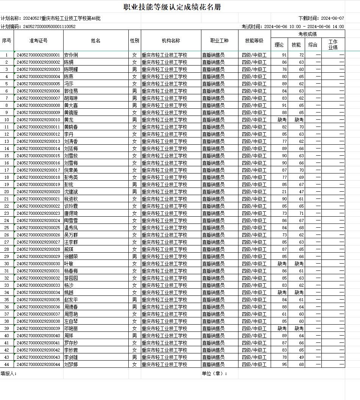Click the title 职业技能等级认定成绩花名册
pyautogui.click(x=172, y=7)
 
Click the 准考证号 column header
pyautogui.click(x=39, y=41)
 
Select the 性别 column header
pyautogui.click(x=134, y=41)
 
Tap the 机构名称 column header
pyautogui.click(x=171, y=41)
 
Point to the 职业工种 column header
pyautogui.click(x=220, y=41)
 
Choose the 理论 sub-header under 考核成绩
pyautogui.click(x=279, y=45)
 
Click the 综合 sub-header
pyautogui.click(x=313, y=45)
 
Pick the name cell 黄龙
pyautogui.click(x=69, y=120)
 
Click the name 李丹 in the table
pyautogui.click(x=69, y=134)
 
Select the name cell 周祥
pyautogui.click(x=69, y=336)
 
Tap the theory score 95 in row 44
pyautogui.click(x=284, y=364)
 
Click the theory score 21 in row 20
pyautogui.click(x=284, y=192)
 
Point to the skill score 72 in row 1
pyautogui.click(x=301, y=55)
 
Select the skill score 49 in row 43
pyautogui.click(x=301, y=357)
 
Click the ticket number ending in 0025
pyautogui.click(x=39, y=228)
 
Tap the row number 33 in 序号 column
pyautogui.click(x=7, y=285)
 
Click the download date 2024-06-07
pyautogui.click(x=332, y=18)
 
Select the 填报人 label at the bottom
pyautogui.click(x=9, y=373)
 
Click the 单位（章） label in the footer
pyautogui.click(x=214, y=373)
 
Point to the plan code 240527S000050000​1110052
pyautogui.click(x=49, y=27)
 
